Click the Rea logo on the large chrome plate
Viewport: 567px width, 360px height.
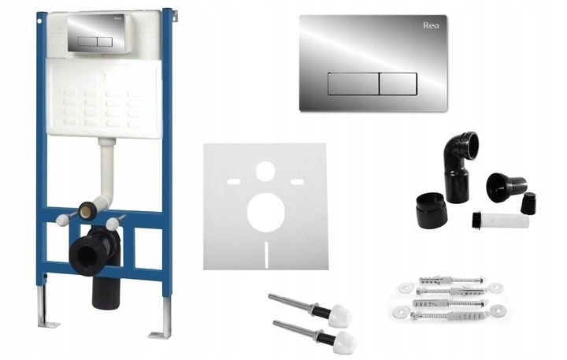click(x=431, y=25)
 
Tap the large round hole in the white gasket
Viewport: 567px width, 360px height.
click(x=266, y=213)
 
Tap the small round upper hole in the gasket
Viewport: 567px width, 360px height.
click(x=266, y=172)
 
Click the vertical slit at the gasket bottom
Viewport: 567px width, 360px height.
click(x=266, y=254)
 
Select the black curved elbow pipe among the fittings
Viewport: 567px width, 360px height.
click(x=459, y=166)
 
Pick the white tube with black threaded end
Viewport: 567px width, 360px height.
click(x=501, y=220)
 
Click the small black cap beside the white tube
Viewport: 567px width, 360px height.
click(x=528, y=203)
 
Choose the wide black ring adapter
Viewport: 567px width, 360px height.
click(x=432, y=210)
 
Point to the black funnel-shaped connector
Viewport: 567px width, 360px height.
click(x=506, y=187)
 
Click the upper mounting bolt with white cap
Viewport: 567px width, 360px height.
click(x=310, y=310)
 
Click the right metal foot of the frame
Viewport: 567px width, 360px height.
click(x=162, y=318)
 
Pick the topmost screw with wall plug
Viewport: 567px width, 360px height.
click(x=451, y=280)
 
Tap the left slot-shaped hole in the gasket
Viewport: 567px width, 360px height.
click(x=234, y=182)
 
